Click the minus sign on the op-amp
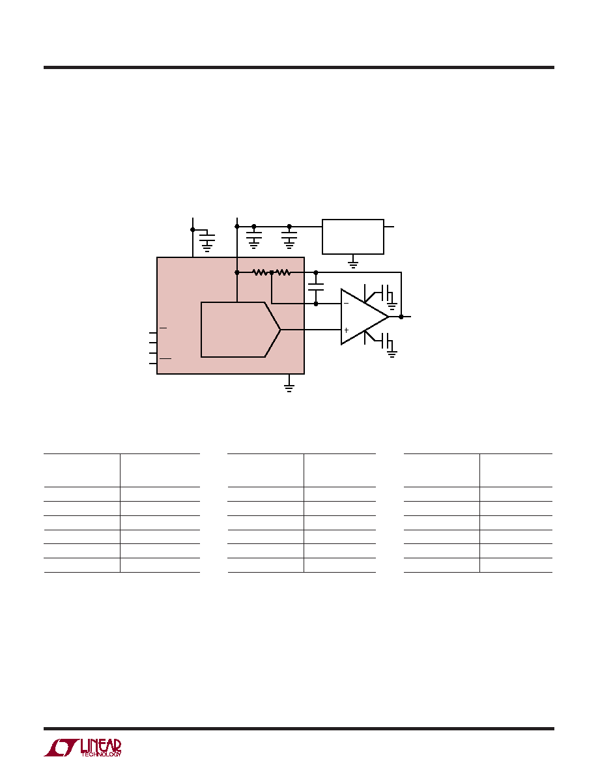coord(346,304)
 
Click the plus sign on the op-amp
coord(347,330)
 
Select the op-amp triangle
coord(365,317)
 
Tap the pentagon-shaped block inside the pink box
coord(241,329)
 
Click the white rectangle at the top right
coord(353,237)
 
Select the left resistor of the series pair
coord(260,272)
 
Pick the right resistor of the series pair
coord(283,272)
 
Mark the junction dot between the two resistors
coord(272,272)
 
